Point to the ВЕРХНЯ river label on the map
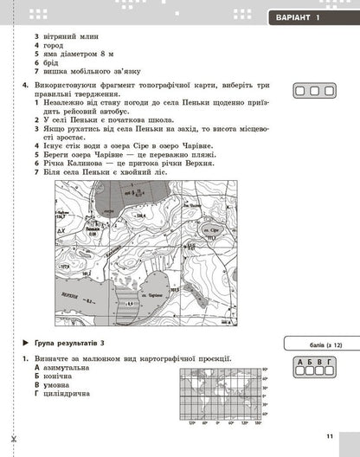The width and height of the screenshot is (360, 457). (74, 293)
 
